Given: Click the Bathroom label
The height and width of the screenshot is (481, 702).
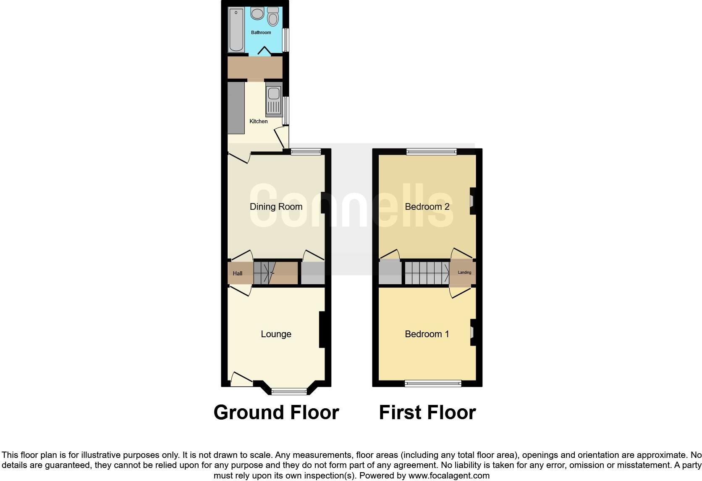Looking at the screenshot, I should point(261,32).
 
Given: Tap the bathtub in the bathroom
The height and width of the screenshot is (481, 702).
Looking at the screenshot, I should point(236,29).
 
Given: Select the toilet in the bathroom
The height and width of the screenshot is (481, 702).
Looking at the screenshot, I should point(273,17).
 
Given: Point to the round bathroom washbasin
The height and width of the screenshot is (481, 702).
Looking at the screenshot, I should point(257,13).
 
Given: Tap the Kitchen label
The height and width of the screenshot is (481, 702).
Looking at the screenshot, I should point(259,121).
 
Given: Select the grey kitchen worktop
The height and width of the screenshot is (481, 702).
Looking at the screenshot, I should point(236,108).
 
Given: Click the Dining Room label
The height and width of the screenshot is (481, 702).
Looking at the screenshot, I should point(276,206).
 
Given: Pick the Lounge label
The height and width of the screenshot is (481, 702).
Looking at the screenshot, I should point(276,334).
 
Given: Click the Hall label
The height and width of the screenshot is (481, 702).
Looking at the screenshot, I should point(238,273).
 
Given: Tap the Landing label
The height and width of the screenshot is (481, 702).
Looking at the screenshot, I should point(464,272).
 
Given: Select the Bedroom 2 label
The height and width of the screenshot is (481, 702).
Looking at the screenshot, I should point(427,206).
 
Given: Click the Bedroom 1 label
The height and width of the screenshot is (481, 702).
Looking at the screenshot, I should point(427,334).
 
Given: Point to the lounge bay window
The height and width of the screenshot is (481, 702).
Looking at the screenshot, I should point(289,391).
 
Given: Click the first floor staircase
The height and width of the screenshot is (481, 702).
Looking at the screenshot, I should point(427,273).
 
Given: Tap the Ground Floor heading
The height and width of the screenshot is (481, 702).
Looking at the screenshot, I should point(276,412).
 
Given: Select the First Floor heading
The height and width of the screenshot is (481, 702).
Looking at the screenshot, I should point(427,412).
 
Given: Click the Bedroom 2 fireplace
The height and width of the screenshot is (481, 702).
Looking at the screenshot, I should point(472,201).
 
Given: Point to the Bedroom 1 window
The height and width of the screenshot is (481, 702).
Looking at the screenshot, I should point(433,383).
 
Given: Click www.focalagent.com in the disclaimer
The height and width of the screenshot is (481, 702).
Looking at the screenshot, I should point(449,476).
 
